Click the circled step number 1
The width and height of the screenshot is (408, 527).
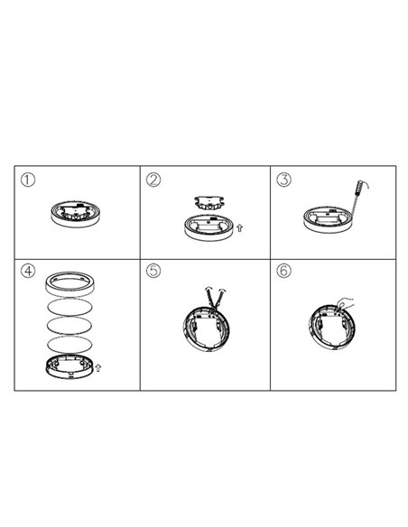(x=29, y=180)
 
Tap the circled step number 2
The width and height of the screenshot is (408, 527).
(x=153, y=180)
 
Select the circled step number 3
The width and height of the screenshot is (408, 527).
(x=285, y=180)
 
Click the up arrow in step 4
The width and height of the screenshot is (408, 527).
(x=98, y=366)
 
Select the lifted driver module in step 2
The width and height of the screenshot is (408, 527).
(x=209, y=202)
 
